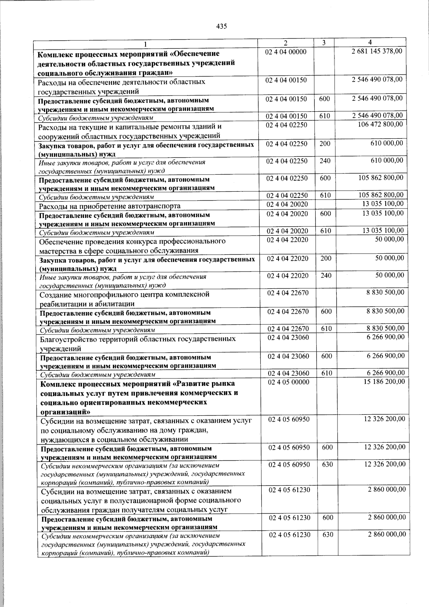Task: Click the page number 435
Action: click(x=222, y=26)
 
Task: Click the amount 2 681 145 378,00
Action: click(x=376, y=52)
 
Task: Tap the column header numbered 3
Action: click(x=324, y=43)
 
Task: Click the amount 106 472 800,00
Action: click(x=380, y=124)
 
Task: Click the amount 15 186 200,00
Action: click(x=384, y=382)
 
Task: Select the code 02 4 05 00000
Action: click(x=289, y=382)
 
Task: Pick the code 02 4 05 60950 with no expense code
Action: click(x=289, y=419)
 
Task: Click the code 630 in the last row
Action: click(x=328, y=535)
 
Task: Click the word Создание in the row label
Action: click(x=56, y=294)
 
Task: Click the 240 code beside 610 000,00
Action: click(x=325, y=161)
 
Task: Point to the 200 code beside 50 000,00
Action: click(x=326, y=258)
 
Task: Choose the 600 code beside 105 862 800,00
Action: click(x=325, y=178)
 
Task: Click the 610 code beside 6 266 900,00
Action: click(x=327, y=373)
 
